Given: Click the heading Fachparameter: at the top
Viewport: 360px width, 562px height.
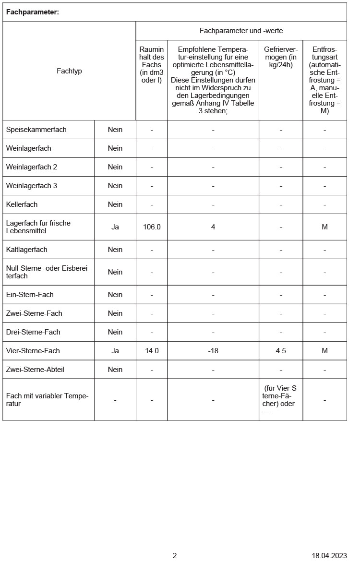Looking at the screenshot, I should click(32, 12).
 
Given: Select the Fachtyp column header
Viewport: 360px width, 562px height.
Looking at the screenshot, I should click(69, 71).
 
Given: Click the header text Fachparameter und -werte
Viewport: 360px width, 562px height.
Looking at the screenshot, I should click(241, 31).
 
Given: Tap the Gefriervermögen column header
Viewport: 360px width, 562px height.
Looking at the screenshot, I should click(281, 57).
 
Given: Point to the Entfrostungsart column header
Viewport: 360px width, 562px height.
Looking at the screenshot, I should click(324, 80).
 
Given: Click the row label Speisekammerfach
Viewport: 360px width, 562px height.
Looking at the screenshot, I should click(36, 130).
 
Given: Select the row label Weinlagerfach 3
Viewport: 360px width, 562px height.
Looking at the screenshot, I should click(32, 186).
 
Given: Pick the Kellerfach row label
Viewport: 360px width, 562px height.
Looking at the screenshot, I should click(22, 204).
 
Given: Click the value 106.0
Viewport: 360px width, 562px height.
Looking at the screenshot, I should click(152, 227).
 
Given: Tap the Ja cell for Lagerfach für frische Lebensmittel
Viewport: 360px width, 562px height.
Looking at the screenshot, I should click(115, 227).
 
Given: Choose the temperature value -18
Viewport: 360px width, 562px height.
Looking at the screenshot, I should click(213, 351).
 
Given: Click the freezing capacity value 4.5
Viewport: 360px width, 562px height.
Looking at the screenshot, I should click(281, 351).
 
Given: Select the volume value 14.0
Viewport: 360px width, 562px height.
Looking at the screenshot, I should click(152, 351).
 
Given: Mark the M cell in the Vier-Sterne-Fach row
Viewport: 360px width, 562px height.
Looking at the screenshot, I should click(324, 351).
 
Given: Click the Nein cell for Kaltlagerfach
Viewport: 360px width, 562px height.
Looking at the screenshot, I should click(115, 250).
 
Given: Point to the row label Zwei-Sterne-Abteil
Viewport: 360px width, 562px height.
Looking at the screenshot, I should click(35, 370).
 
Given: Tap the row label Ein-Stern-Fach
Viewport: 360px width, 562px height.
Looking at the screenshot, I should click(27, 295).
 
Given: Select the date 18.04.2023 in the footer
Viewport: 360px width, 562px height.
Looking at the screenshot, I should click(329, 556).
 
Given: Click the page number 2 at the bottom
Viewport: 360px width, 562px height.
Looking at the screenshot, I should click(175, 556).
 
